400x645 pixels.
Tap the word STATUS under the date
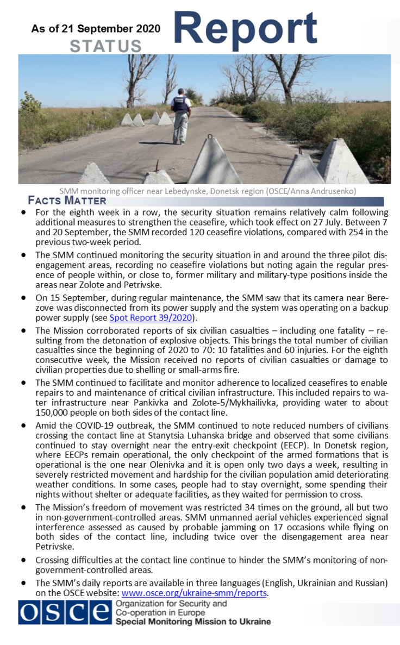[x=105, y=47]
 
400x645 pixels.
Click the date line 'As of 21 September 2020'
[x=96, y=29]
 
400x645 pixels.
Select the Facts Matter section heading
[x=67, y=201]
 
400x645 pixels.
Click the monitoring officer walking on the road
[x=180, y=114]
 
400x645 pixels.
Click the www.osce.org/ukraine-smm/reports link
[x=193, y=593]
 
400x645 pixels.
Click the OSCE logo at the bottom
[x=64, y=613]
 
